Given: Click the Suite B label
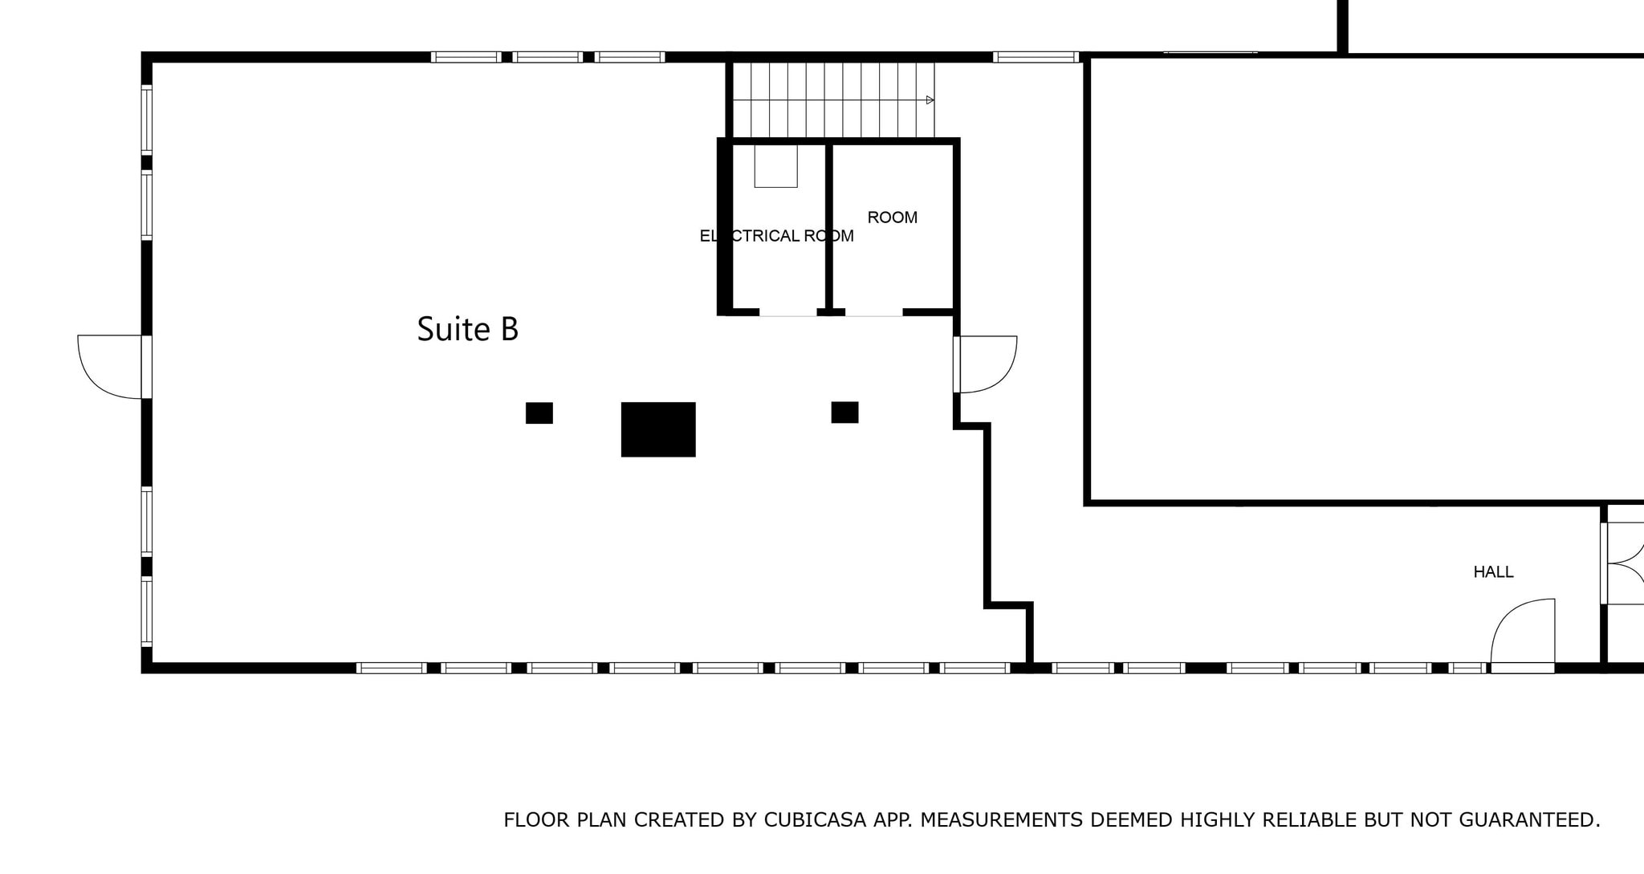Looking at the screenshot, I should point(467,329).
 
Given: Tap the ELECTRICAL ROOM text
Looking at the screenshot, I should point(776,236).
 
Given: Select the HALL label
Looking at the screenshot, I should point(1493,572).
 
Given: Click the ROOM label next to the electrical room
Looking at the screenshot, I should point(892,217).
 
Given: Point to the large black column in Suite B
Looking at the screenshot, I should point(658,429).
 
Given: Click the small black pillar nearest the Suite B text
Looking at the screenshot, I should point(539,413).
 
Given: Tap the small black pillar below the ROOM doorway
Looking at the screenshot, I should point(844,413).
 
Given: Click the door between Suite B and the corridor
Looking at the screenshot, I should point(986,364).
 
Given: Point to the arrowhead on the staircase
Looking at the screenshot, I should point(930,100).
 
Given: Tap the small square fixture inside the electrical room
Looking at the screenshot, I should point(775,166).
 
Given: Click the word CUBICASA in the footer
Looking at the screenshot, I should point(815,820).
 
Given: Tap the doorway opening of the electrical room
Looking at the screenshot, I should point(787,313).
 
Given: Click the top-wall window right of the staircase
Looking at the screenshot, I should point(1035,57).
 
